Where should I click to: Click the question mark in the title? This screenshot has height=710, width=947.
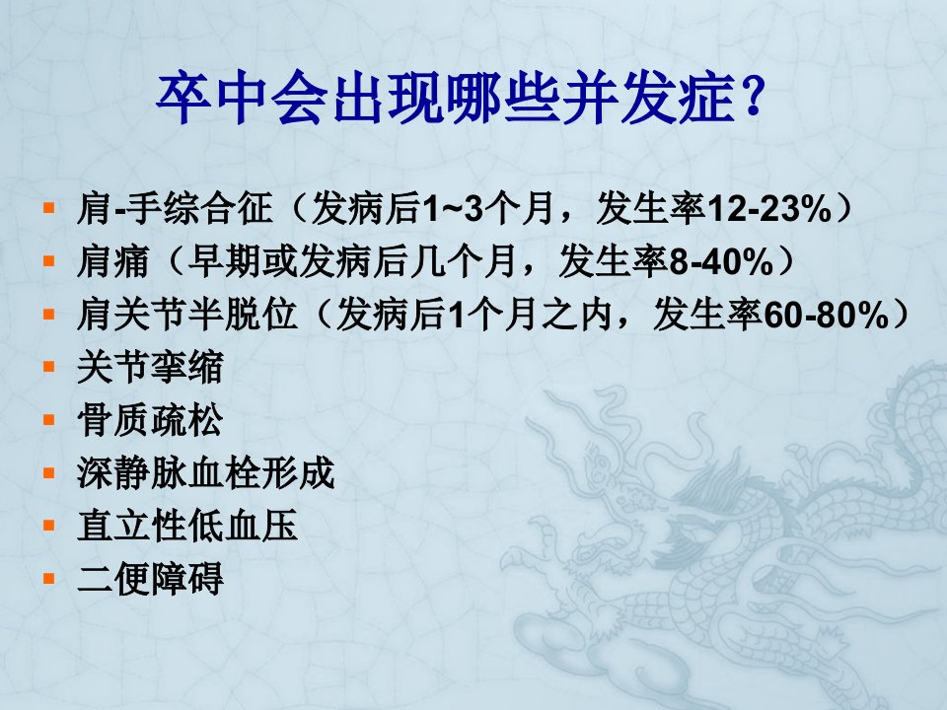(752, 97)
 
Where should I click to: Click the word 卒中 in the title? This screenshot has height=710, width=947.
(211, 98)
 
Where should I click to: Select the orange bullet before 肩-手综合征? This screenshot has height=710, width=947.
(49, 209)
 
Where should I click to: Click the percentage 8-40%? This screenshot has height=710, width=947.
(721, 261)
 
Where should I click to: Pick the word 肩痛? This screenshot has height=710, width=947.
(112, 261)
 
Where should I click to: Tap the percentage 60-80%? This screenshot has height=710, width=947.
(827, 315)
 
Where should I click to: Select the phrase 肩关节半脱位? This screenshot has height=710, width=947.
(186, 315)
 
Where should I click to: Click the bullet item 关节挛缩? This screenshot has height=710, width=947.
(150, 367)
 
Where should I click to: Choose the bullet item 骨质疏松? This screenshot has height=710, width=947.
(150, 420)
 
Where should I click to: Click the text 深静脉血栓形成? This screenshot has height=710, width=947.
(205, 472)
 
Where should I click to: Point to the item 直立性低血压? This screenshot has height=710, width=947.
(187, 526)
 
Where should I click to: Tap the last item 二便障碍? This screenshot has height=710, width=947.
(150, 579)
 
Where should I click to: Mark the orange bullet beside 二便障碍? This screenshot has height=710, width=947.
(49, 579)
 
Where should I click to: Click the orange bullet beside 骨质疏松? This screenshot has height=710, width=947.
(49, 420)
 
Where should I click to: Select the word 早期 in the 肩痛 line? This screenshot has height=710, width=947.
(224, 261)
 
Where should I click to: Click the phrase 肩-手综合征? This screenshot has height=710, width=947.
(175, 209)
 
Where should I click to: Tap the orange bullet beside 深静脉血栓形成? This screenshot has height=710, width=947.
(49, 472)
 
